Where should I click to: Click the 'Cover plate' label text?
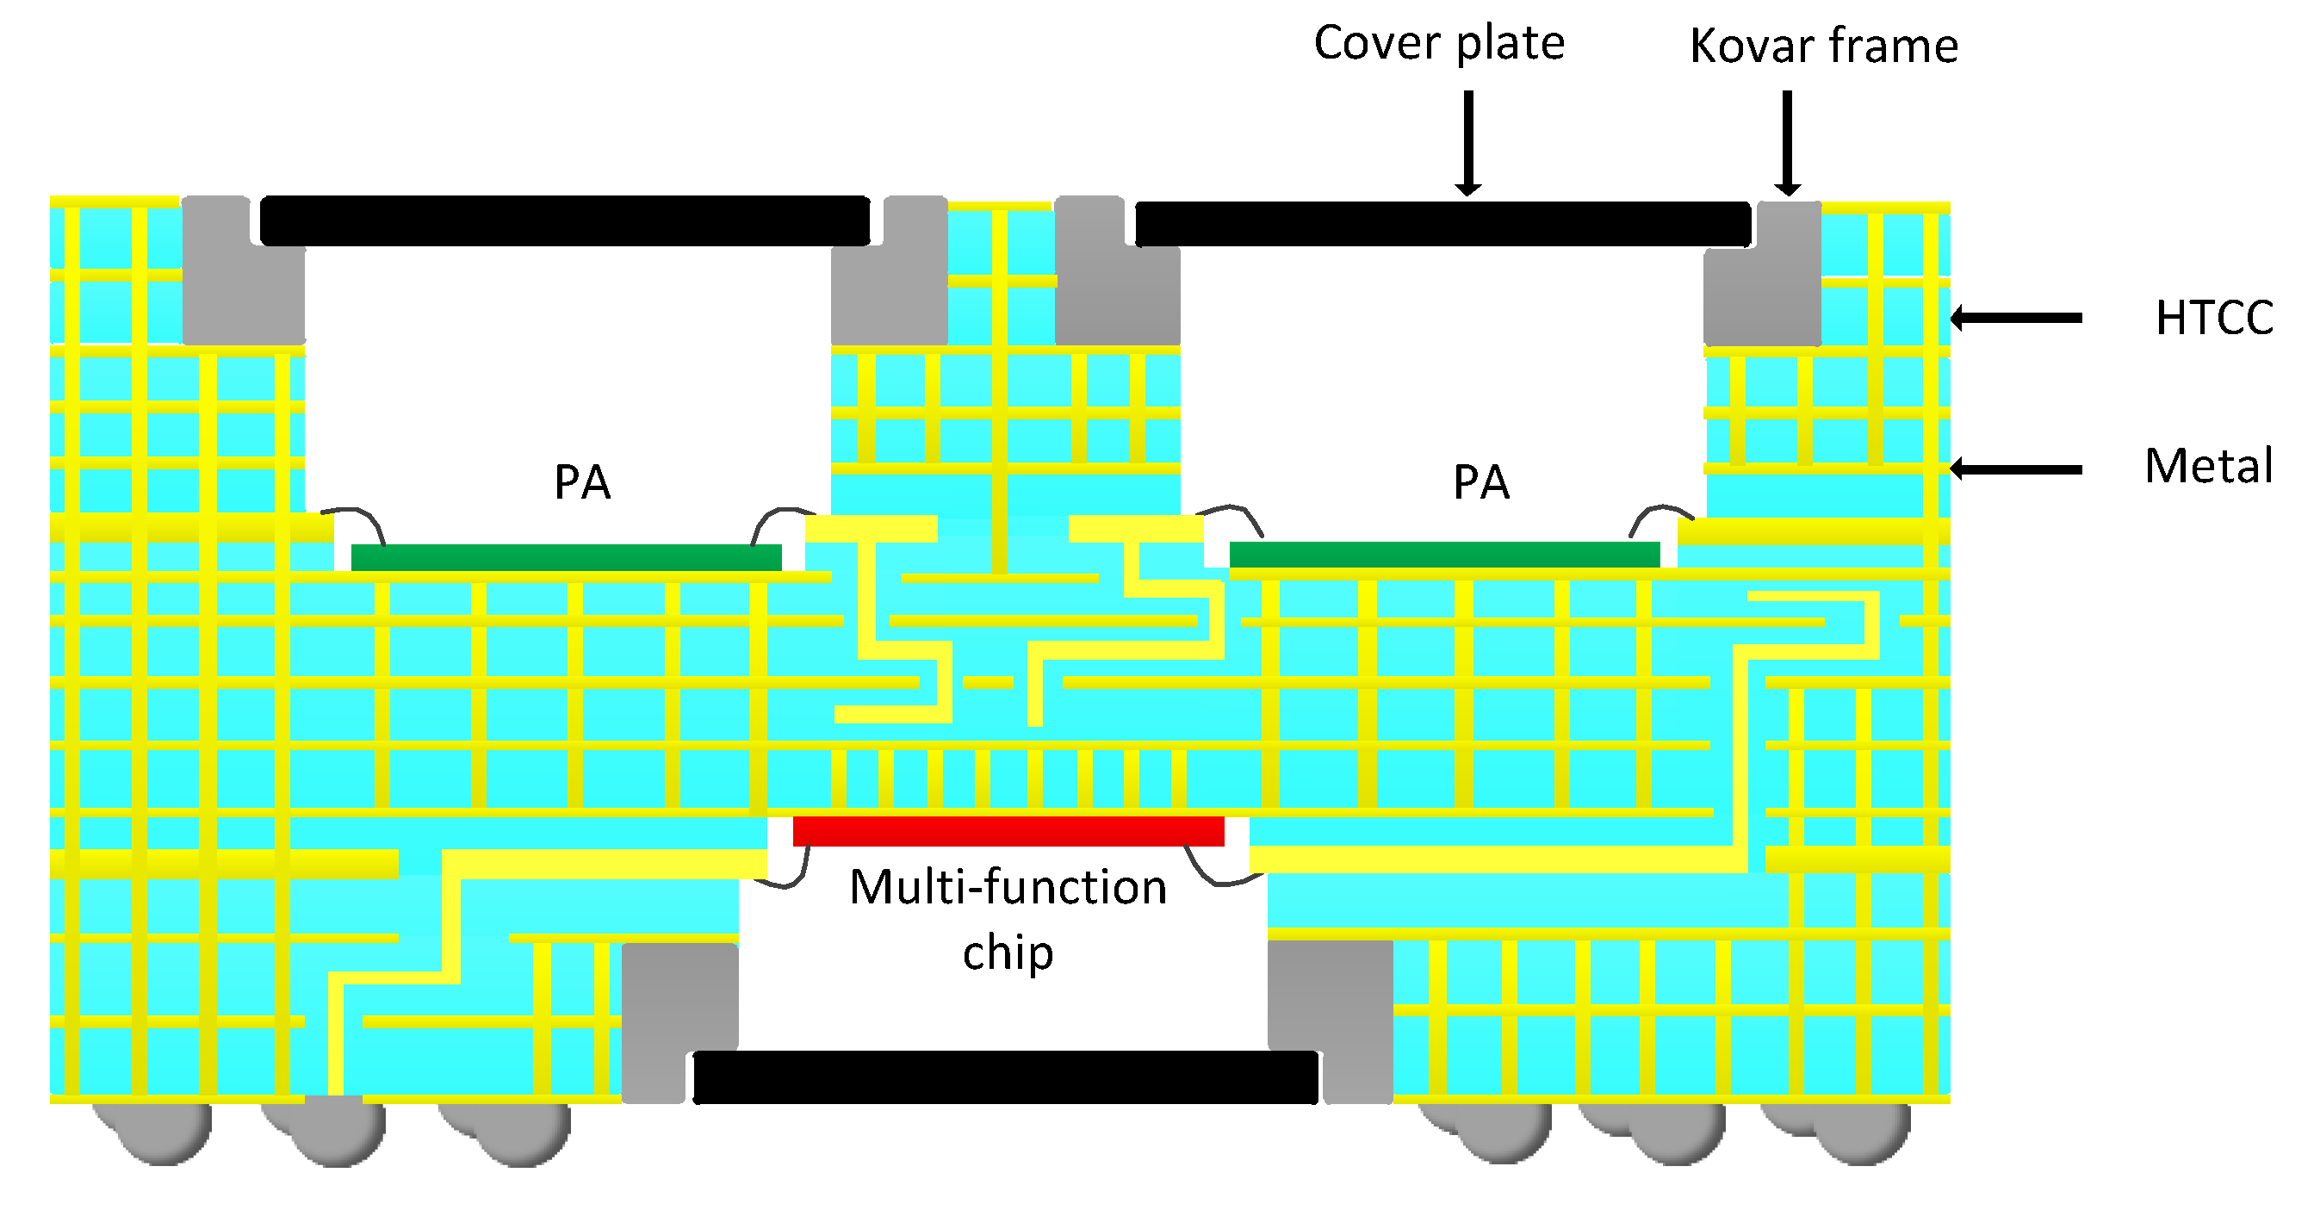pos(1438,43)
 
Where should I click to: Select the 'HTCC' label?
pos(2213,317)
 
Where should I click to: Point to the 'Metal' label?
pos(2208,466)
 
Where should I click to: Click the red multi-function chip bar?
pos(1008,830)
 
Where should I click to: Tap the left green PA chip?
pos(566,557)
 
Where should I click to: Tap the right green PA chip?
pos(1443,555)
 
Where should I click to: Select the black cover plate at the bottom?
pos(1005,1077)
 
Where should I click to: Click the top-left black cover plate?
pos(564,220)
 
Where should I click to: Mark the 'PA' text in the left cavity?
pos(582,482)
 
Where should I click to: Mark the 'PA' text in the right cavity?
pos(1480,482)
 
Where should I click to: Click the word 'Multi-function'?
pos(1008,888)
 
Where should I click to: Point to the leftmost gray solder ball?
pos(162,1132)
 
